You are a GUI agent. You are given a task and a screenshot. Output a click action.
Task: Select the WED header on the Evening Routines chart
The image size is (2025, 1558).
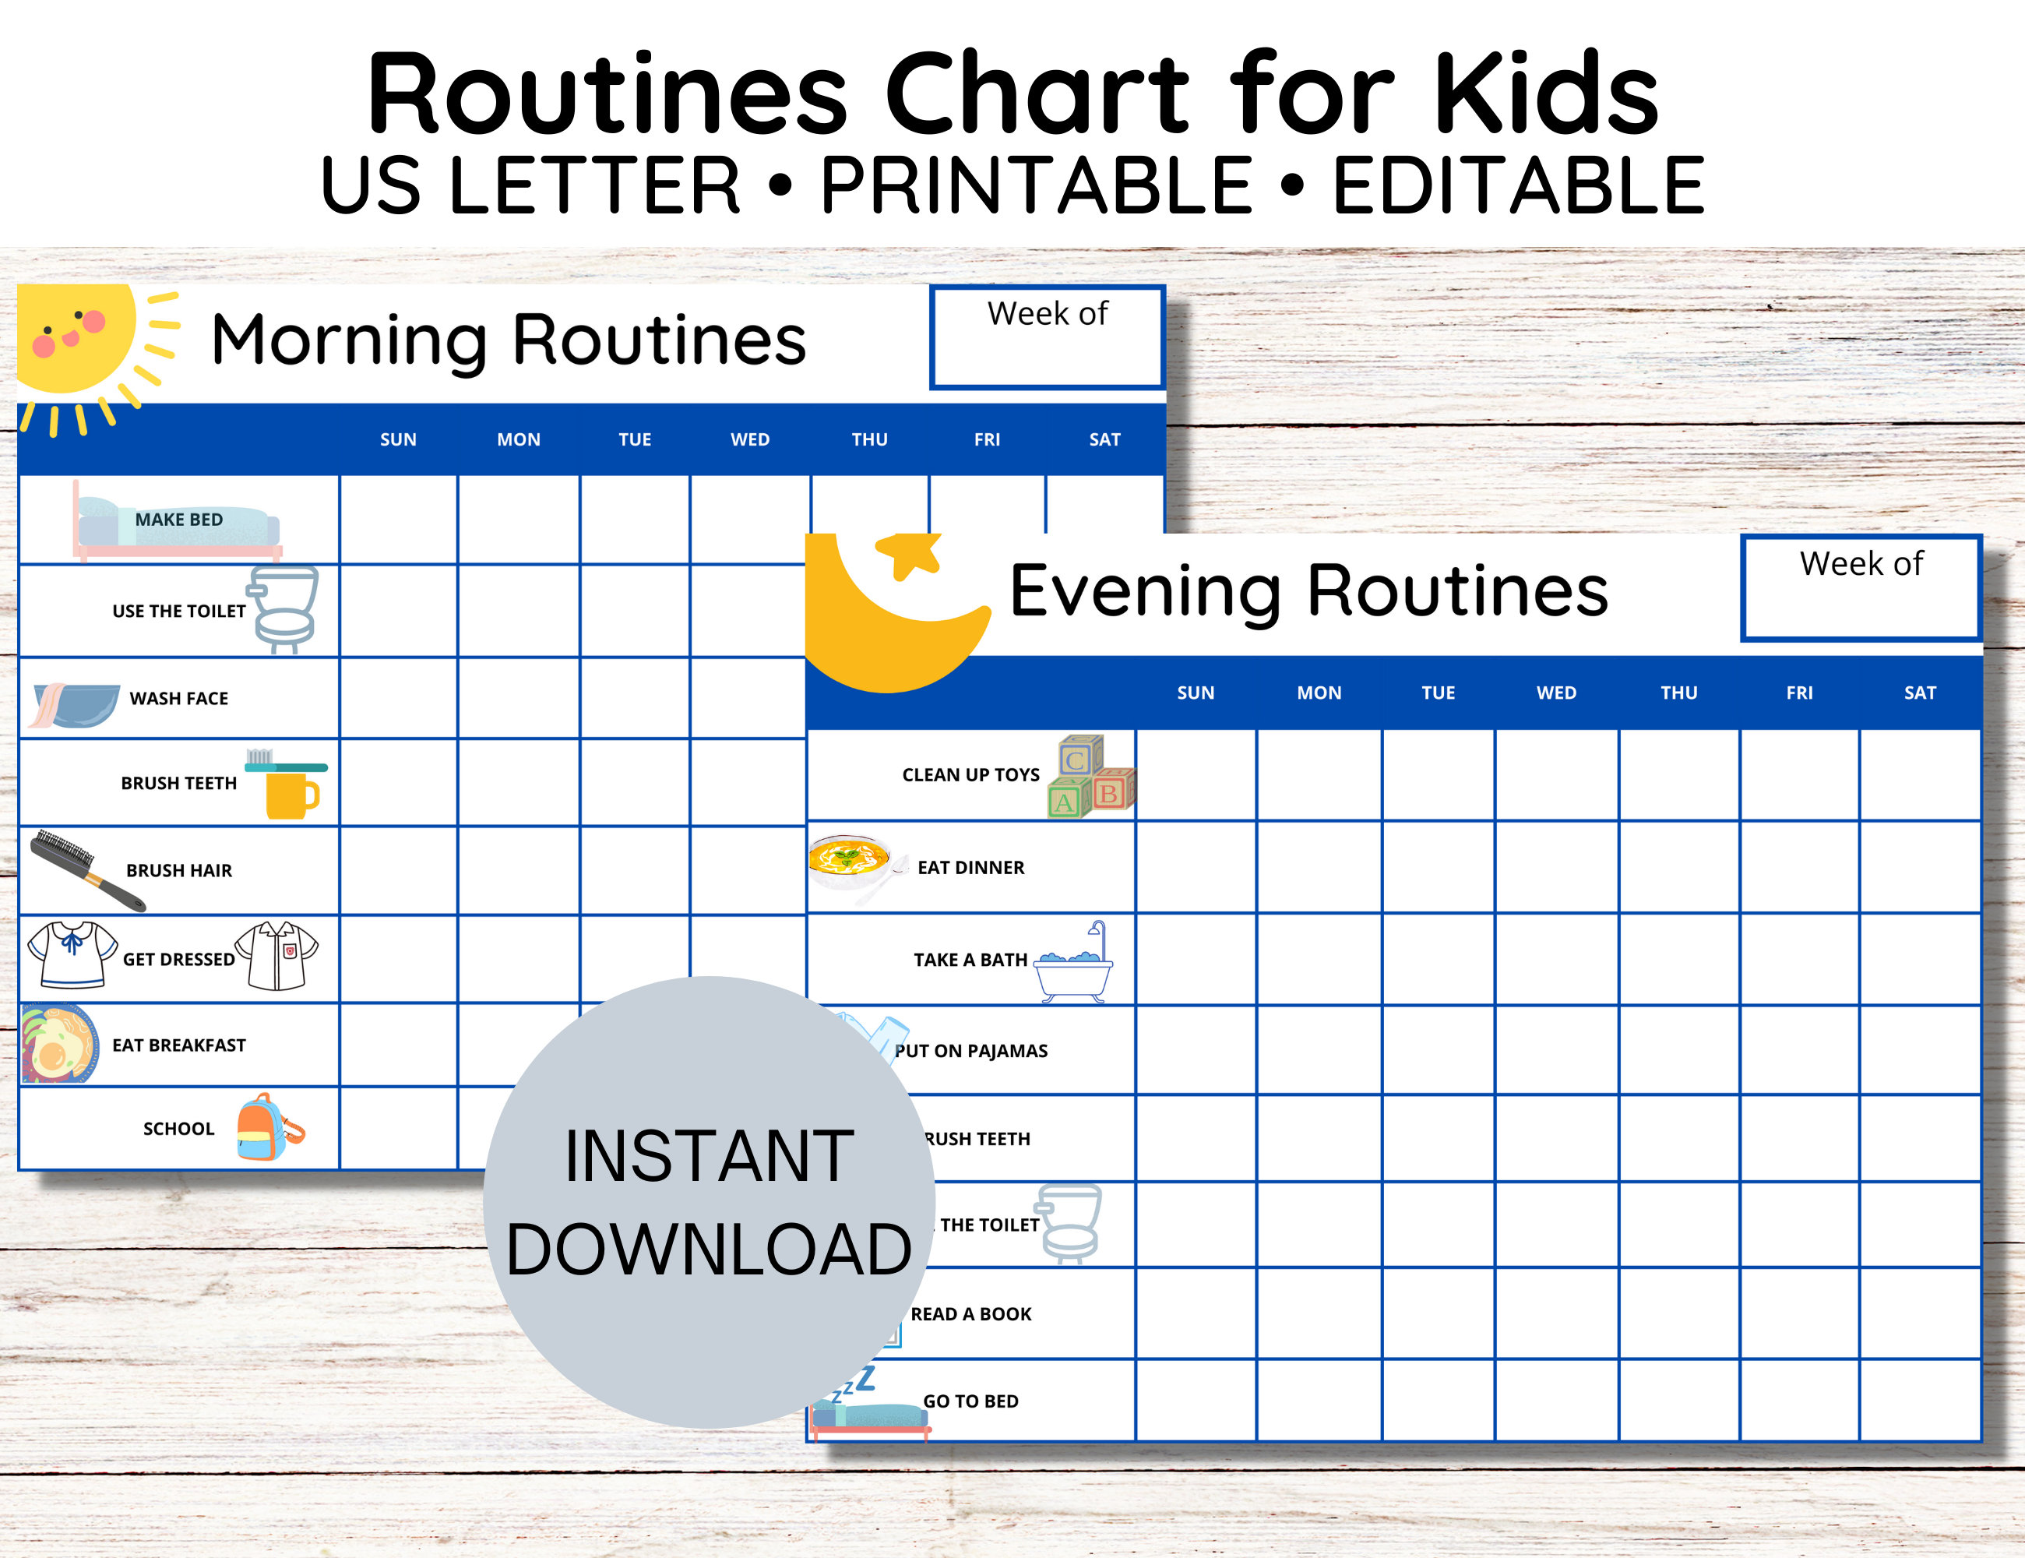click(x=1556, y=693)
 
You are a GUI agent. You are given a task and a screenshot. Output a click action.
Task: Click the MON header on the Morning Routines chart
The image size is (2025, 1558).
click(x=518, y=439)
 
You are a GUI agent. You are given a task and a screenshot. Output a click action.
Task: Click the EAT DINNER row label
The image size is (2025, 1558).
click(x=970, y=867)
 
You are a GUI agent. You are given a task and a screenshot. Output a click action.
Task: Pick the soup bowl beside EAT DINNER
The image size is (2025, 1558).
click(x=848, y=861)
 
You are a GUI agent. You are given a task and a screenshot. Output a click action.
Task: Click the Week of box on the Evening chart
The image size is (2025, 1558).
click(x=1861, y=588)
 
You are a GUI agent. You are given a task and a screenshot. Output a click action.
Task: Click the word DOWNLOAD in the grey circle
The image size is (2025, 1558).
click(x=709, y=1250)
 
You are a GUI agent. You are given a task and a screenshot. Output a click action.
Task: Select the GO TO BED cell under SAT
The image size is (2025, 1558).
click(x=1919, y=1401)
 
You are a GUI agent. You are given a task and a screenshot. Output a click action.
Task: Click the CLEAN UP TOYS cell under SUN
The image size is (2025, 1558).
click(x=1196, y=775)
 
